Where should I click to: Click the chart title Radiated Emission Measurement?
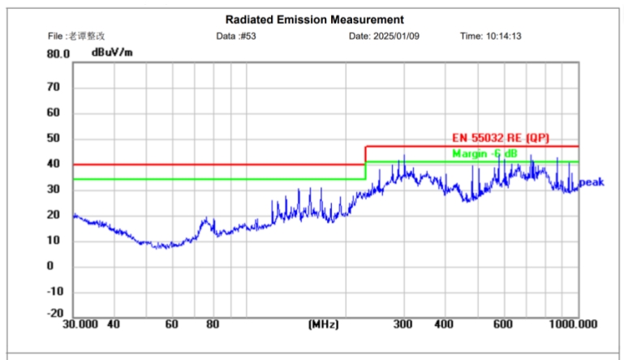click(x=314, y=19)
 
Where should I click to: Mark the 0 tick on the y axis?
click(x=49, y=266)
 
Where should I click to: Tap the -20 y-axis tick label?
click(x=55, y=314)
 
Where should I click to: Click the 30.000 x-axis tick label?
click(x=80, y=324)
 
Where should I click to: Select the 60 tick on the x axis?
click(x=171, y=324)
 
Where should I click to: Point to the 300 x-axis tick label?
click(x=403, y=324)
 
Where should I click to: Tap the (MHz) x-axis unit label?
click(x=322, y=324)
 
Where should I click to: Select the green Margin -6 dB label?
click(x=484, y=153)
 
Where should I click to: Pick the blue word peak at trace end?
click(x=592, y=182)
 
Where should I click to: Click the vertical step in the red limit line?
click(x=365, y=155)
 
